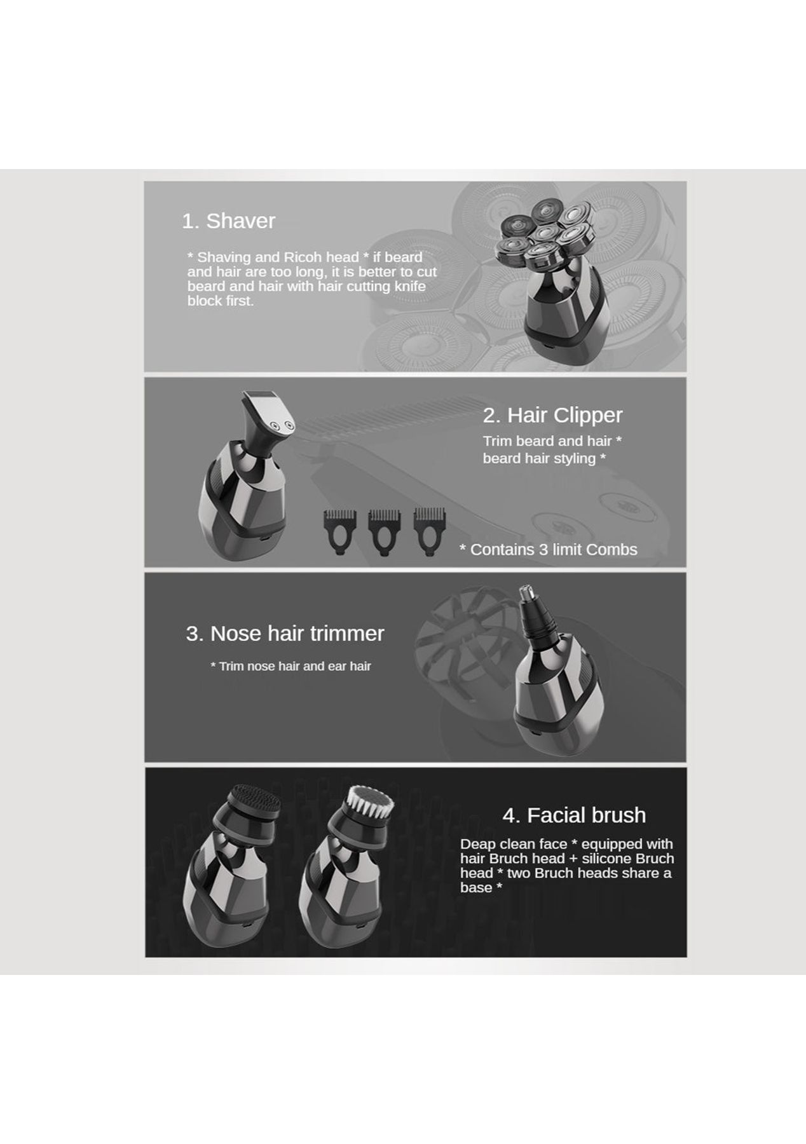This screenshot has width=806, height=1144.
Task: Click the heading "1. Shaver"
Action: pos(228,221)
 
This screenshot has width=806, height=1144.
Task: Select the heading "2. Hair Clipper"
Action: pos(552,415)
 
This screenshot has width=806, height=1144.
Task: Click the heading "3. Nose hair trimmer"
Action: pos(285,633)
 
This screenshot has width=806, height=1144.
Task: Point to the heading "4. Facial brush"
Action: pos(574,815)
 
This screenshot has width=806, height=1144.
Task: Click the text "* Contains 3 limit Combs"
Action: pos(548,550)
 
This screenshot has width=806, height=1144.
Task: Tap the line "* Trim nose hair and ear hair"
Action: pos(290,666)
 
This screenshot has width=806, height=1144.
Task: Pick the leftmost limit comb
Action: pos(339,532)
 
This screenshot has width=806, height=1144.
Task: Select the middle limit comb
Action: pos(383,532)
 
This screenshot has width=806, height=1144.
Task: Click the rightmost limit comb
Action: pos(429,532)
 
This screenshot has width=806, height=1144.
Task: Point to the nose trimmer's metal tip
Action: pos(526,596)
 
